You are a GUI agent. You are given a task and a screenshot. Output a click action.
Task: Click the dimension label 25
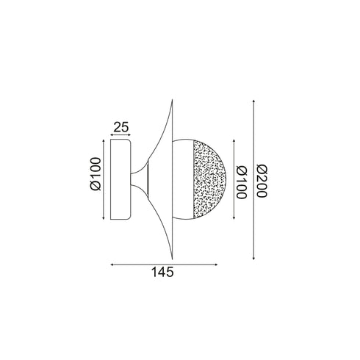click(x=121, y=127)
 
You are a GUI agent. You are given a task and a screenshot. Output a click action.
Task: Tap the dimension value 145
click(x=162, y=272)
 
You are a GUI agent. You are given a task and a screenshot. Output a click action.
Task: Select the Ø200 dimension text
click(x=262, y=181)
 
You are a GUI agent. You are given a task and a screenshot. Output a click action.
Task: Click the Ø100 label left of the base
click(x=96, y=174)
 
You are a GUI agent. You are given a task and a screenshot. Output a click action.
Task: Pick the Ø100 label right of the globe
click(x=242, y=182)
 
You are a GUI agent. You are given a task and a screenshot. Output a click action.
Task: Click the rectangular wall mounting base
click(x=120, y=179)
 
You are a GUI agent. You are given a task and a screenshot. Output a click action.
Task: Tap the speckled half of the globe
click(x=208, y=179)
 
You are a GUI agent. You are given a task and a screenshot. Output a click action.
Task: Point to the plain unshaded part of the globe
click(x=183, y=179)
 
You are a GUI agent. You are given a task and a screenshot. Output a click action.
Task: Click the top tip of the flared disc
click(x=173, y=100)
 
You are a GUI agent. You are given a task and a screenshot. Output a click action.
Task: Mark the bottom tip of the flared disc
click(x=173, y=259)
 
